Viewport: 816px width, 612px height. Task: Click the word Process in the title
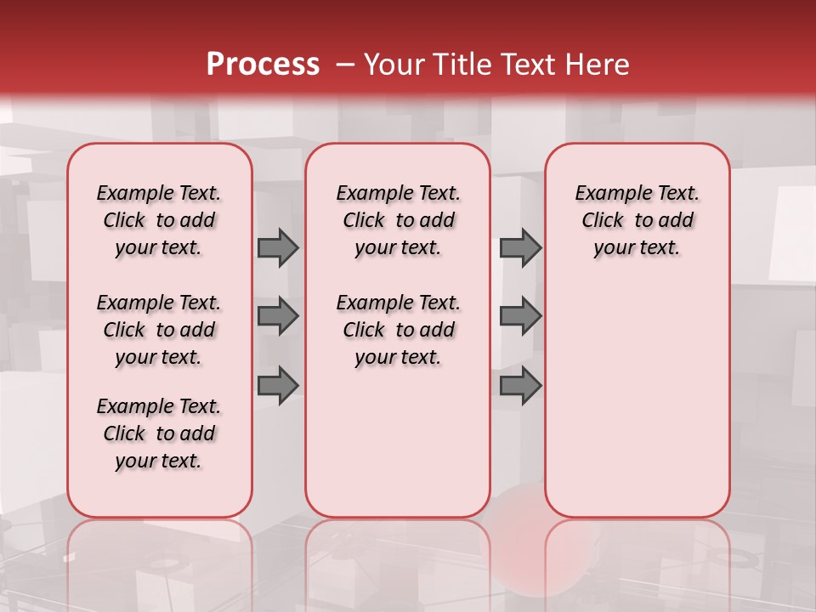pos(263,65)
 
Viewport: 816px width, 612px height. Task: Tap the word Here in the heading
pos(596,65)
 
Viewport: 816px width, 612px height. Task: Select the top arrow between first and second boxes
pos(278,247)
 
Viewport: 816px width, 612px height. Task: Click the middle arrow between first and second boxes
pos(278,316)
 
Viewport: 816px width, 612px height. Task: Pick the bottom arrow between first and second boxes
pos(278,386)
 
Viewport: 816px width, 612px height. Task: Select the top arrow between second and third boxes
pos(520,247)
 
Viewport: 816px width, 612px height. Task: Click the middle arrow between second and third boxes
pos(520,316)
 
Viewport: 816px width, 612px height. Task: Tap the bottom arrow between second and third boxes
pos(520,386)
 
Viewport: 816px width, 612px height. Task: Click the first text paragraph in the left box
pos(159,220)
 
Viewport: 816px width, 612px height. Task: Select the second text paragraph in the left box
pos(159,330)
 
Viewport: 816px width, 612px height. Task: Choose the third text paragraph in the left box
pos(159,433)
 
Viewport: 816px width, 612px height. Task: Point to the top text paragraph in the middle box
pos(398,220)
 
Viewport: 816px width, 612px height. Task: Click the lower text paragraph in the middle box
pos(398,330)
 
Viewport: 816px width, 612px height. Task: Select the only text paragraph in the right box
pos(637,220)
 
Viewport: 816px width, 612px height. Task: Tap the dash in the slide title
pos(345,65)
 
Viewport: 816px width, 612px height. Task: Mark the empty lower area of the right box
pos(637,399)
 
